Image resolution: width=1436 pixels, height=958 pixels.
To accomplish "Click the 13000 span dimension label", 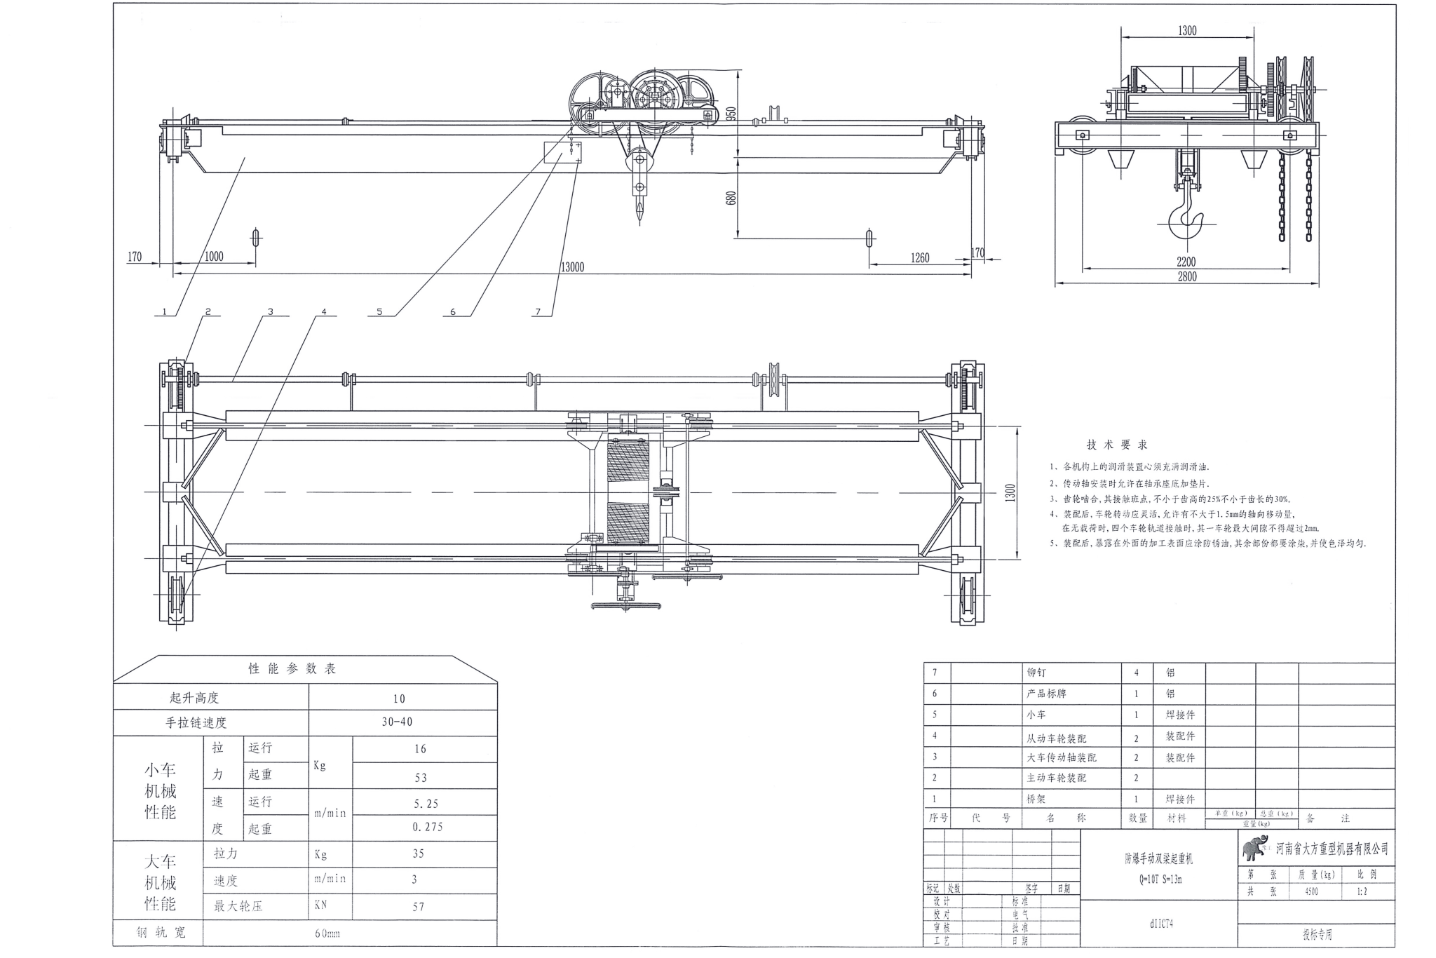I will tap(572, 267).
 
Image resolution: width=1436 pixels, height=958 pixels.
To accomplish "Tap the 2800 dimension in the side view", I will tap(1186, 276).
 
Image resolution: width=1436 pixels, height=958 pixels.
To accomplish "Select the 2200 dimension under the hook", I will tap(1186, 262).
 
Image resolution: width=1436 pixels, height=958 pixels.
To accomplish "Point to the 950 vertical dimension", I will tap(731, 114).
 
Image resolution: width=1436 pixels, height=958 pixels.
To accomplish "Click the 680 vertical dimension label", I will tap(731, 198).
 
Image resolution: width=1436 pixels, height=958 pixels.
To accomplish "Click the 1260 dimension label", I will tap(919, 258).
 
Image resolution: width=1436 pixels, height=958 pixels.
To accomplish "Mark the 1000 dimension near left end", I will tap(214, 257).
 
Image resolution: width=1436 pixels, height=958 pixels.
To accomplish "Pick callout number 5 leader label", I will tap(379, 312).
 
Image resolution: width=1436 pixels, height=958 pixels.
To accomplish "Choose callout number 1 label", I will tap(164, 312).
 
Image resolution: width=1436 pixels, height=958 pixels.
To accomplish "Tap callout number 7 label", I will tap(538, 312).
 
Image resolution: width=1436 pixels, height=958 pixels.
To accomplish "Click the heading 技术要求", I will tap(1117, 445).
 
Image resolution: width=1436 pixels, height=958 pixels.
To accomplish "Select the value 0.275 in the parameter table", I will tap(428, 827).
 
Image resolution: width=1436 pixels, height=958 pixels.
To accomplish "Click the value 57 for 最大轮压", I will tap(419, 907).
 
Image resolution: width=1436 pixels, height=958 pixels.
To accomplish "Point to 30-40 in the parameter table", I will tap(397, 722).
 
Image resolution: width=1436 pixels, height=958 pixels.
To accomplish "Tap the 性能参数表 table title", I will tap(292, 668).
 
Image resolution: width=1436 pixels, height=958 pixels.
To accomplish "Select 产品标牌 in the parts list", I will tap(1046, 694).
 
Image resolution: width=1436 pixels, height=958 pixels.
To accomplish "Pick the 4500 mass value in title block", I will tap(1310, 892).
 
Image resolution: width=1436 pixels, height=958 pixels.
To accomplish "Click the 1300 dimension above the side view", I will tap(1187, 31).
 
